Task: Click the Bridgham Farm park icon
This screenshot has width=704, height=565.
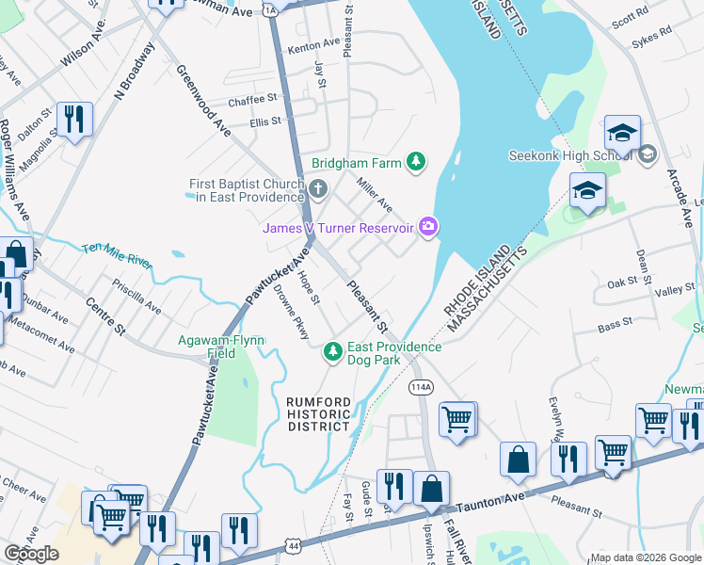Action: pyautogui.click(x=415, y=163)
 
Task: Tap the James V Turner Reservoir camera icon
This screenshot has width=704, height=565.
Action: pyautogui.click(x=429, y=225)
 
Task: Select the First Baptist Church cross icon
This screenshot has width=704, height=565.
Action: pyautogui.click(x=318, y=190)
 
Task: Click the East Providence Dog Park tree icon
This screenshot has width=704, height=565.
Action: pyautogui.click(x=331, y=352)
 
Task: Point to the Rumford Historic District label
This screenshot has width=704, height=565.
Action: pyautogui.click(x=319, y=414)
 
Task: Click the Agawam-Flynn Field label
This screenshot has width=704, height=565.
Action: pyautogui.click(x=220, y=347)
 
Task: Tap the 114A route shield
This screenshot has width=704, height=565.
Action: pyautogui.click(x=420, y=387)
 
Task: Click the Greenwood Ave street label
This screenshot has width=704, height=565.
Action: pyautogui.click(x=203, y=102)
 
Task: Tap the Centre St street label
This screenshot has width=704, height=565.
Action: pyautogui.click(x=105, y=317)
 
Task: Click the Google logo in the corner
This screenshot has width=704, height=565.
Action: pyautogui.click(x=31, y=554)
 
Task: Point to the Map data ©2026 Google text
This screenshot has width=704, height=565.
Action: pyautogui.click(x=645, y=557)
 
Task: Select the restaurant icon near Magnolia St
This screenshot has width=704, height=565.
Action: pyautogui.click(x=73, y=119)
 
